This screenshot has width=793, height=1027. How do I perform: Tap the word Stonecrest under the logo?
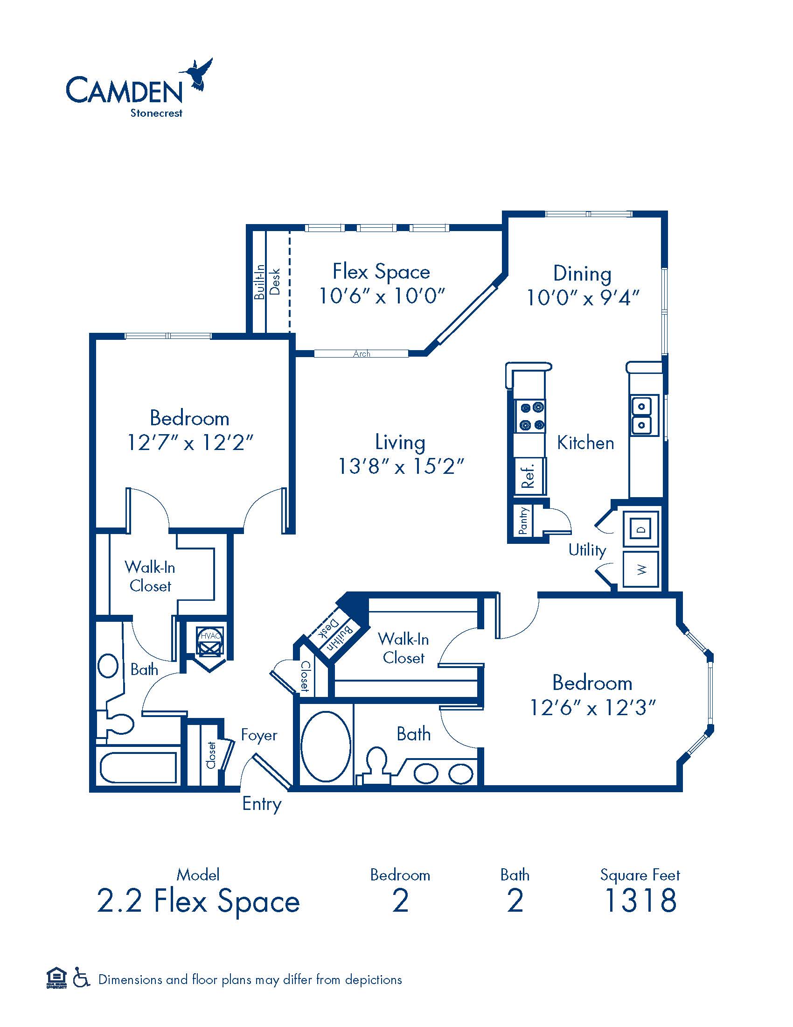coord(156,113)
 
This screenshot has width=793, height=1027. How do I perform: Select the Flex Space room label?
coord(381,271)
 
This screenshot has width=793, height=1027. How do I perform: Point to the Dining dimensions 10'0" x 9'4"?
coord(583,297)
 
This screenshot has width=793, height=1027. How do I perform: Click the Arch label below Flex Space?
coord(362,354)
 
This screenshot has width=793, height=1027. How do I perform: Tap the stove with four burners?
coord(531,416)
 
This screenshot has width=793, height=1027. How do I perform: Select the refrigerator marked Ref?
coord(530,475)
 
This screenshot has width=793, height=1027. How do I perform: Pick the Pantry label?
coord(523,521)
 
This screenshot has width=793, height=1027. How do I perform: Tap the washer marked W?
coord(641,570)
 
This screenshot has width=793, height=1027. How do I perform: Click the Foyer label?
coord(259,734)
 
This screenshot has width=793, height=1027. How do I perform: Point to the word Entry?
coord(262,804)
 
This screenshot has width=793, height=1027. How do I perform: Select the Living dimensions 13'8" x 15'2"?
coord(401,466)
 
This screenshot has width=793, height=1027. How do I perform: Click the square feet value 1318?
coord(640,900)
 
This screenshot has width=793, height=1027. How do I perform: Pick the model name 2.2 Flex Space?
coord(198,901)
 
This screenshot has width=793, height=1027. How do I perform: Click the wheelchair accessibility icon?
coord(81,979)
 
